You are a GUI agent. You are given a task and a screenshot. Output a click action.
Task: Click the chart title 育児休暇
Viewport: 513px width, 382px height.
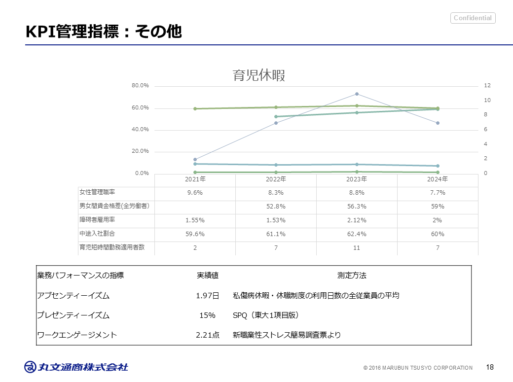point(259,75)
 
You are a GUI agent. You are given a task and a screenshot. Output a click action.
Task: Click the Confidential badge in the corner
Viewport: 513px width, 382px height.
point(473,18)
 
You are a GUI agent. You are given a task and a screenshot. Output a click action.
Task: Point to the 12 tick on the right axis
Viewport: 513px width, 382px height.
point(487,86)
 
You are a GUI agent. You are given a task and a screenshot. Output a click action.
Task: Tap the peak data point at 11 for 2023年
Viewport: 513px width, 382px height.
point(357,94)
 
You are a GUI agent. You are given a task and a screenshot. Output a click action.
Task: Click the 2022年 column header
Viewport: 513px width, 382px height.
point(276,179)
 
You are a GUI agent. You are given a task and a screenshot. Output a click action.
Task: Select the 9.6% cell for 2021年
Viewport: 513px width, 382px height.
point(195,193)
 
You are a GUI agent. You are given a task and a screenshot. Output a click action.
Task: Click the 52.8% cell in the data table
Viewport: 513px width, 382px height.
point(276,207)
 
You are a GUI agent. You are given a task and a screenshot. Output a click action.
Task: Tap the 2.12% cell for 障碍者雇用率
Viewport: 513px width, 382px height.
point(357,220)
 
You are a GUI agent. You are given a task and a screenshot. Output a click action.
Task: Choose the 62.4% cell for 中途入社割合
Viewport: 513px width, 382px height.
point(357,234)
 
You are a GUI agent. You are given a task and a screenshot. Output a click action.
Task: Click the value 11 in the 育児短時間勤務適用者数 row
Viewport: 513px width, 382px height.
point(357,248)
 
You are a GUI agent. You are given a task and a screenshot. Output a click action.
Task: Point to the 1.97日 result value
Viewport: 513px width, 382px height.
point(208,296)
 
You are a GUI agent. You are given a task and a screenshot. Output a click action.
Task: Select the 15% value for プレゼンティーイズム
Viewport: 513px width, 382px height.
point(208,315)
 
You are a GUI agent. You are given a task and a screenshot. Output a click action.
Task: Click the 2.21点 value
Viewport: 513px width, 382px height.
point(208,335)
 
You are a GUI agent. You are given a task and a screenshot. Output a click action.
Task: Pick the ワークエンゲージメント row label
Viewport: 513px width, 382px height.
point(77,335)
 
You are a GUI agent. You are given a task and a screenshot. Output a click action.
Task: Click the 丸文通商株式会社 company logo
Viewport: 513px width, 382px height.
point(76,367)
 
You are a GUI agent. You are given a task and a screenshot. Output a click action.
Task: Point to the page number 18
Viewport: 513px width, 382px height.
point(490,367)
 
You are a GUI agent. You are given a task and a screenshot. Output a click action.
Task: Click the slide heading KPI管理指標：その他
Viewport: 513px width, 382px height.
point(104,32)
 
